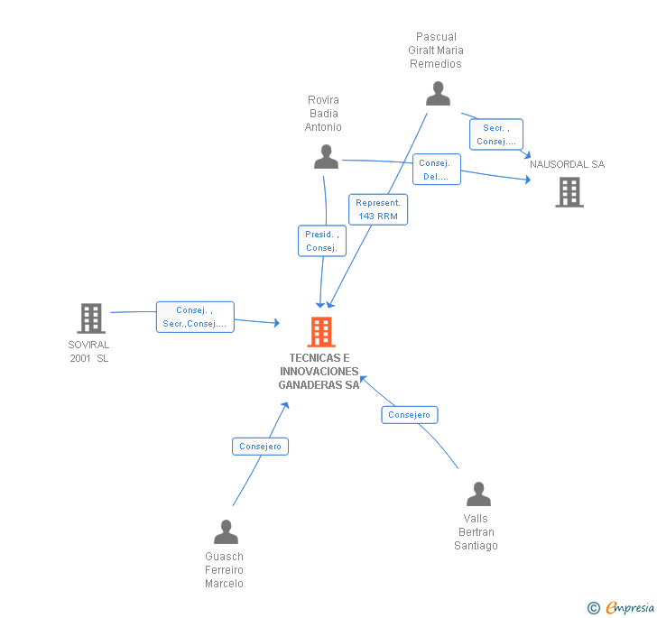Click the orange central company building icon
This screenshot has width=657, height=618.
[321, 332]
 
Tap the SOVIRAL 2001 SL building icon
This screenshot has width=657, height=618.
[91, 318]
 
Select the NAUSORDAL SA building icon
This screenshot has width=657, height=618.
[569, 192]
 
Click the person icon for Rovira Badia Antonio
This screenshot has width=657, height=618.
[326, 157]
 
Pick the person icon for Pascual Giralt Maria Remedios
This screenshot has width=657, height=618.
[438, 94]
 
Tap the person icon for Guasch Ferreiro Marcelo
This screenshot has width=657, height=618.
[226, 532]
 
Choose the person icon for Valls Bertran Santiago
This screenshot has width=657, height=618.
[478, 494]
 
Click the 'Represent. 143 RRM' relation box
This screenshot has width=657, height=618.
[378, 209]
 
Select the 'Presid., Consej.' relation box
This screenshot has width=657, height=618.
[321, 241]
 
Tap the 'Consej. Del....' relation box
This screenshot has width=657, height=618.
[437, 170]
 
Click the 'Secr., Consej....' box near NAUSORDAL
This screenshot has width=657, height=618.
[495, 134]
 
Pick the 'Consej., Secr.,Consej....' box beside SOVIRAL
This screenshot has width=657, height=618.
[195, 317]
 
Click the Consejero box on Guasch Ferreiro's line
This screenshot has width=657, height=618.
[261, 446]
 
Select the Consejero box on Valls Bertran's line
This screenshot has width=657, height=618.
[410, 415]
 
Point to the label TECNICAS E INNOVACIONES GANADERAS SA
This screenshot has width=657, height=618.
[319, 372]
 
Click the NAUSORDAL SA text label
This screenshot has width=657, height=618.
[568, 164]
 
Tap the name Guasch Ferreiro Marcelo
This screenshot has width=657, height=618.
[225, 569]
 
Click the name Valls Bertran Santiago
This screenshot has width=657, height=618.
[477, 532]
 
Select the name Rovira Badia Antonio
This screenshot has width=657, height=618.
[324, 114]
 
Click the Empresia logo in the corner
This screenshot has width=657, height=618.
[622, 607]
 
